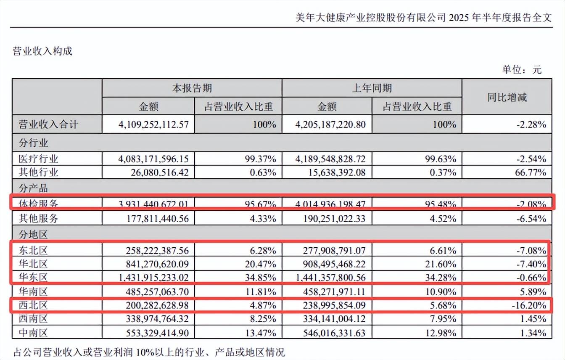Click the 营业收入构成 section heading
(43, 51)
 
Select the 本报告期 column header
(192, 88)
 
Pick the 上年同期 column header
(372, 88)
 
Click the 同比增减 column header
(507, 98)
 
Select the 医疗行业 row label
(39, 159)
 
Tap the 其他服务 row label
(39, 219)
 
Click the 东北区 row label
(34, 251)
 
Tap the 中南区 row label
(34, 333)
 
